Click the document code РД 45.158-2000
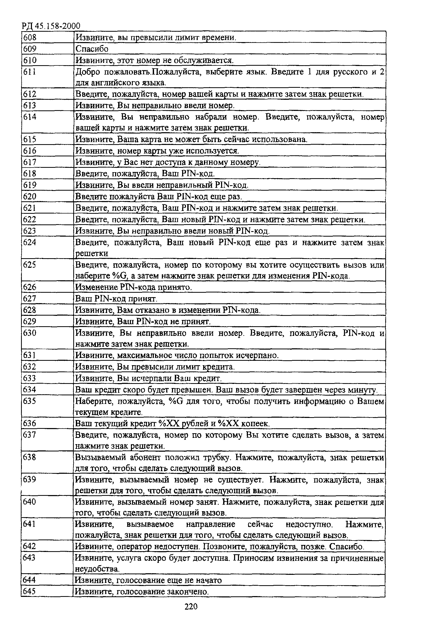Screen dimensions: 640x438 pos(51,26)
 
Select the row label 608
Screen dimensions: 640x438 pos(30,37)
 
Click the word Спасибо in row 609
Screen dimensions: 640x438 pos(92,49)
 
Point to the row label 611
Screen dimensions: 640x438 pos(30,72)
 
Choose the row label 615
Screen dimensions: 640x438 pos(30,139)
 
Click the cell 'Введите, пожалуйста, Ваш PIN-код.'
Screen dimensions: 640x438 pos(145,174)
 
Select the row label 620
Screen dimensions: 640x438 pos(30,196)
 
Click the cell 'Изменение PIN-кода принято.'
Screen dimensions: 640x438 pos(133,287)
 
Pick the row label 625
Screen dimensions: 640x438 pos(30,265)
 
